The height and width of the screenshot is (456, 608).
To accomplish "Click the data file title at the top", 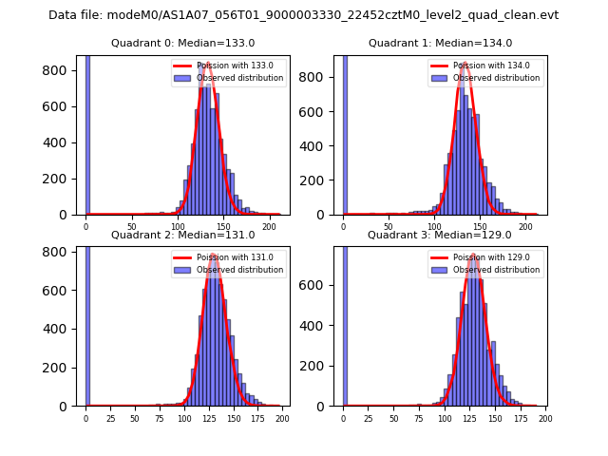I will (304, 15).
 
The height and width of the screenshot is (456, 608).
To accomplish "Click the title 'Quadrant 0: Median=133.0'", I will (182, 43).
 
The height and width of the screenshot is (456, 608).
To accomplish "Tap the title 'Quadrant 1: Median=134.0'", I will (440, 43).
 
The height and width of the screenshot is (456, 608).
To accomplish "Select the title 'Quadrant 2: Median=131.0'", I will (182, 235).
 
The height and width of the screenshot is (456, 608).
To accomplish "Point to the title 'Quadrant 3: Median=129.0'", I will (440, 235).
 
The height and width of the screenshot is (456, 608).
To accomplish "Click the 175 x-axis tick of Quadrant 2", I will (258, 418).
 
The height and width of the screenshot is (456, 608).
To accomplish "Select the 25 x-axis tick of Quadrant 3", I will (368, 418).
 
